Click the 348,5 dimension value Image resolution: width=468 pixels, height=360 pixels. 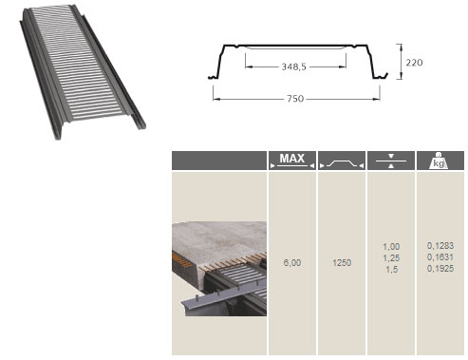point(294,66)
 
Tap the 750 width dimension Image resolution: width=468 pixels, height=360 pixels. point(295,99)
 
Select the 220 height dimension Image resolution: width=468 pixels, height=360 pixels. point(414,63)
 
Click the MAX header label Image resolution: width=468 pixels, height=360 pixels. point(291,158)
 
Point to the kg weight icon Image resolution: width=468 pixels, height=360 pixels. point(439,161)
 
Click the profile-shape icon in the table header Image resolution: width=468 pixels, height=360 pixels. point(342,163)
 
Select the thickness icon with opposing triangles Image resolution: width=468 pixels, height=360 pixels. point(391,161)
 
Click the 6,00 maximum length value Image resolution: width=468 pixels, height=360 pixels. point(292,262)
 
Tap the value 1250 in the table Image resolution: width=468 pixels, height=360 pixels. point(342,262)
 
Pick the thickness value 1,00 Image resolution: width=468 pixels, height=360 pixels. point(391,246)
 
